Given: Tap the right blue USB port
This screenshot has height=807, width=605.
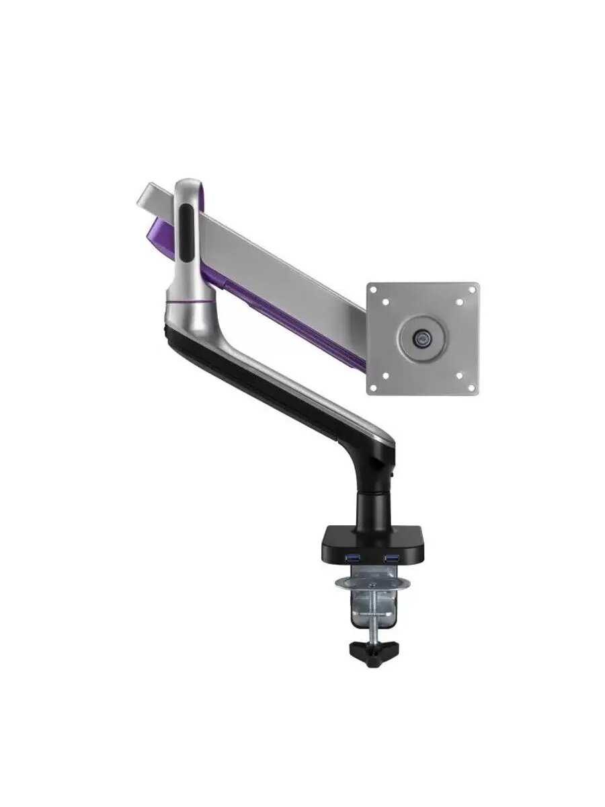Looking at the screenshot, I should coord(391,558).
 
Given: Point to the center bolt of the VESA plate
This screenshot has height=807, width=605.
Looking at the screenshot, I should coord(423,338).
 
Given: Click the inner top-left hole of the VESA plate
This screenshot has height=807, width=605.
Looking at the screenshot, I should coord(386,302).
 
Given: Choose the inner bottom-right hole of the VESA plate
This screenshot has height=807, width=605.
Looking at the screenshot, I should coord(460,376).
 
